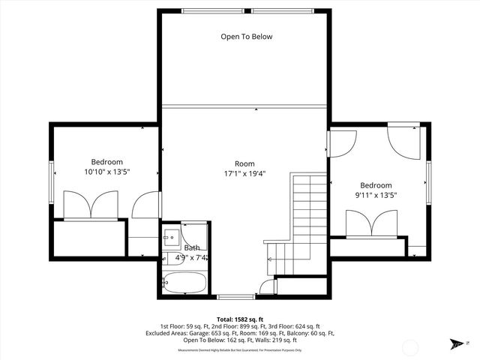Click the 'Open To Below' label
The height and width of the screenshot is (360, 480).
[246, 36]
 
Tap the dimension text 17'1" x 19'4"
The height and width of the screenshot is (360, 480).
[244, 174]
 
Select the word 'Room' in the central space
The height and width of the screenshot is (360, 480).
[244, 163]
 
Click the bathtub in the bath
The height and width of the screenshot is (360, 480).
[184, 283]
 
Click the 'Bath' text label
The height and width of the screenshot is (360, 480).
[193, 247]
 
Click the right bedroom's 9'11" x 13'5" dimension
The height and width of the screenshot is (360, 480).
[375, 196]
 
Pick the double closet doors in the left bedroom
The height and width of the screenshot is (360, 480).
[90, 205]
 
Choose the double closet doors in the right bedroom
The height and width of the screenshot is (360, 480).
[371, 223]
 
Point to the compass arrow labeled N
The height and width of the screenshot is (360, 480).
[457, 343]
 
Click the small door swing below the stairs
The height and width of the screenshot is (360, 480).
[266, 287]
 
